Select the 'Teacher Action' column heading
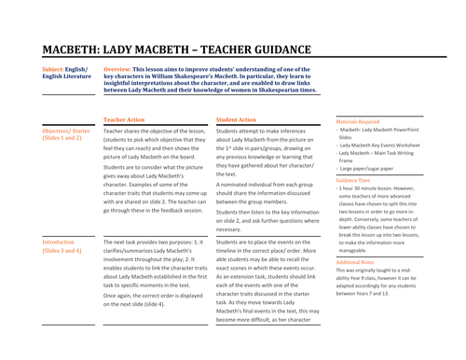click(124, 120)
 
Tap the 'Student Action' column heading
click(236, 120)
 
